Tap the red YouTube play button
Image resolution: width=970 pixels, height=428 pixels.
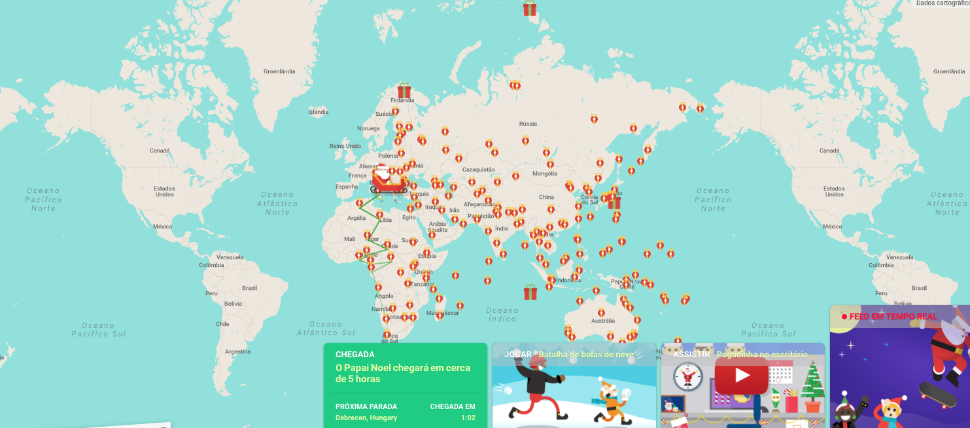(x=741, y=375)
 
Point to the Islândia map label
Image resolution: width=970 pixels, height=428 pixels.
(x=318, y=112)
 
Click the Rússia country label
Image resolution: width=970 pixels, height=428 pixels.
(x=527, y=124)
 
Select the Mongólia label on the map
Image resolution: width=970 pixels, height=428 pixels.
(x=545, y=173)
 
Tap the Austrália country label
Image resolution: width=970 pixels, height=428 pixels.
(x=602, y=321)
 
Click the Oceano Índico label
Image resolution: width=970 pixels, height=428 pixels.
(x=502, y=314)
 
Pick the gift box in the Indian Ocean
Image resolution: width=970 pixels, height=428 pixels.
(x=530, y=292)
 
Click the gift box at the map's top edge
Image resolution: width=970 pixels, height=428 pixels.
(x=529, y=9)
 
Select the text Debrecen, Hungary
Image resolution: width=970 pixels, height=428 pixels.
(x=366, y=418)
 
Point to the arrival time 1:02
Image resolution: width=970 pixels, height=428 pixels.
(x=468, y=418)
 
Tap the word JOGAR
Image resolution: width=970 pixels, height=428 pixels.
(x=518, y=355)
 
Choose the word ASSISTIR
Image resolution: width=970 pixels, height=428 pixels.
(x=691, y=355)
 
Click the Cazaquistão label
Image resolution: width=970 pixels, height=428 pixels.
(x=479, y=169)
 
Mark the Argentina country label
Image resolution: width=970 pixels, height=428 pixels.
(x=237, y=351)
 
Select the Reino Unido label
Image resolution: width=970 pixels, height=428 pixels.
(x=345, y=146)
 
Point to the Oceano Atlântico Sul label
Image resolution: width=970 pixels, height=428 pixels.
(x=325, y=329)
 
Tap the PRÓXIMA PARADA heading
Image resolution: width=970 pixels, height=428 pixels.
(x=366, y=406)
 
